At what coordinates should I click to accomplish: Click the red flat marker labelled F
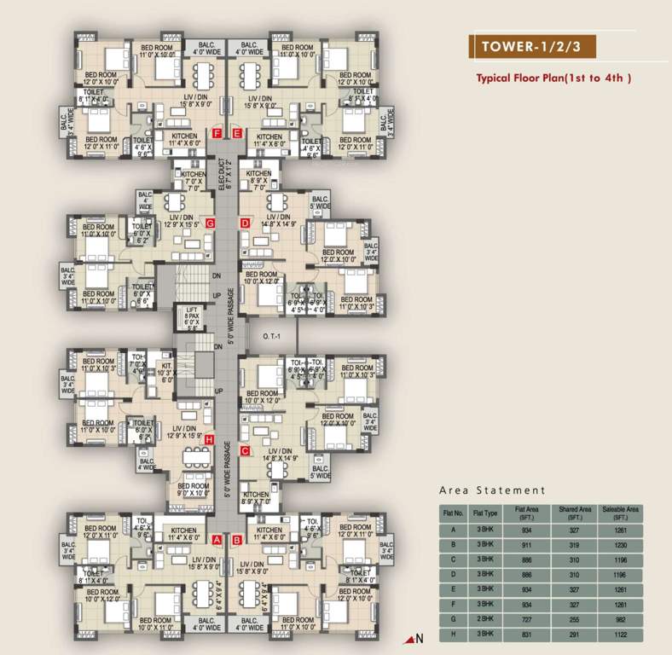coord(218,133)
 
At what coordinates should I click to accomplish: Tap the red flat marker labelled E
coord(238,133)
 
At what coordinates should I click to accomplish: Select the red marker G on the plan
coord(219,223)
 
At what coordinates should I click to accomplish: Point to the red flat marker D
coord(245,223)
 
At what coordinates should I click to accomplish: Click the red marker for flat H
coord(209,439)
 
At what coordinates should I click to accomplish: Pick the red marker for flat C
coord(245,450)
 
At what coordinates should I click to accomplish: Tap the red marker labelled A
coord(217,540)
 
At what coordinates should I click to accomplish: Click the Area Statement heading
coord(492,490)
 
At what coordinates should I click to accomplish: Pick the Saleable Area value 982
coord(620,620)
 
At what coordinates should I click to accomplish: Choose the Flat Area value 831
coord(525,635)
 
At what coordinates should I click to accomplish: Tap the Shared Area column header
coord(573,513)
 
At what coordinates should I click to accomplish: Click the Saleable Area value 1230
coord(620,542)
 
